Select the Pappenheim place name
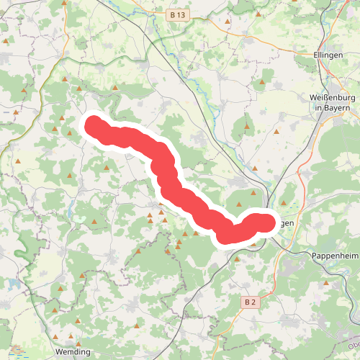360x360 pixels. point(335,256)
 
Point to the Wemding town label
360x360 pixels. point(73,352)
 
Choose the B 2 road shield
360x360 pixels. point(250,302)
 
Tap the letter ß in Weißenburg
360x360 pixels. point(326,98)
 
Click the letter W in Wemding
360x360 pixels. point(59,352)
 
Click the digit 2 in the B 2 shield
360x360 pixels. point(253,302)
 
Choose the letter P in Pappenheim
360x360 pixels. point(314,256)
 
